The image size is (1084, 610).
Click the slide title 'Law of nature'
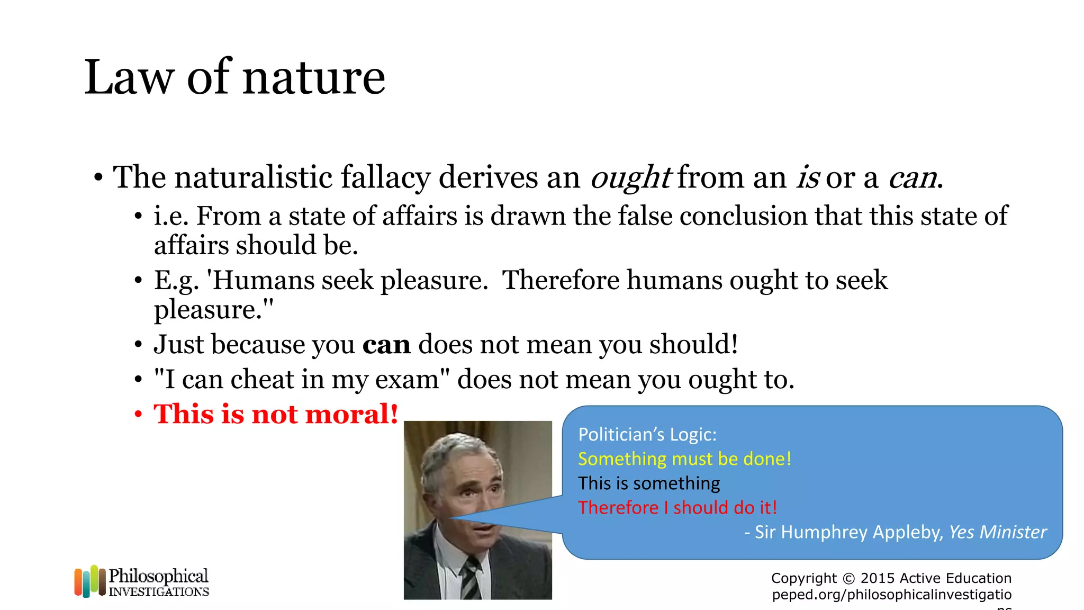coord(234,77)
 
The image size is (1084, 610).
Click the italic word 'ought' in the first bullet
coord(630,177)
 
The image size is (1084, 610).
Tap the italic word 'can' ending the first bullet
coord(912,177)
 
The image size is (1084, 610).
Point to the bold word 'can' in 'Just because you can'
coord(386,345)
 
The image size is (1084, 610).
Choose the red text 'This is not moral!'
coord(276,414)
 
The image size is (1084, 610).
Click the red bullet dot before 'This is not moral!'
coord(138,415)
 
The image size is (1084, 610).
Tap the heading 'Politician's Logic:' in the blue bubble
coord(647,435)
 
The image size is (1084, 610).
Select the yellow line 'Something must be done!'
coord(684,459)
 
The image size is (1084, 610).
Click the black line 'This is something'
coord(649,483)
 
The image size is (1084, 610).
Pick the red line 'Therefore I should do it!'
coord(677,508)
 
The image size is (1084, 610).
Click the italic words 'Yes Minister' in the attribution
coord(997,532)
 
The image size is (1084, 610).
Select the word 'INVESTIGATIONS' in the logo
coord(159,592)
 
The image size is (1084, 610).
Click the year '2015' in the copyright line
coord(878,578)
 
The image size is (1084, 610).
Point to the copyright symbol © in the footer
coord(848,578)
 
